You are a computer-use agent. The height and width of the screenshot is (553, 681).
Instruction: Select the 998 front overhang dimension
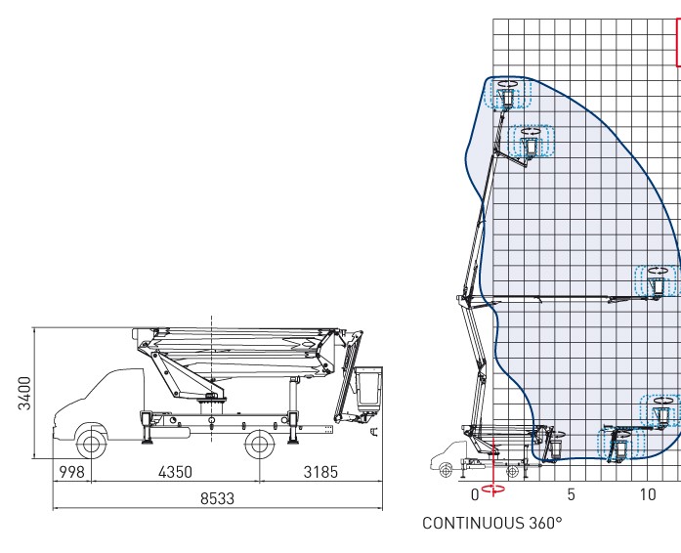pos(72,473)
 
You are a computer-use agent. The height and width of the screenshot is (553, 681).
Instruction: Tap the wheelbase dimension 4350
pos(175,473)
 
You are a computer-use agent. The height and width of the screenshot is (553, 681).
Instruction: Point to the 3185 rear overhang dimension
pos(320,473)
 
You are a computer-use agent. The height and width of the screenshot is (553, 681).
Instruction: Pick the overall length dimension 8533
pos(217,498)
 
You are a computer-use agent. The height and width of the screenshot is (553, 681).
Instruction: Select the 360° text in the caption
pos(544,524)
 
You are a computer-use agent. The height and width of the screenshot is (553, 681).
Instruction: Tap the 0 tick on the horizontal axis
pos(475,495)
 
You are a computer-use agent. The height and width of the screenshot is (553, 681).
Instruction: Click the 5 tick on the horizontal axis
pos(572,495)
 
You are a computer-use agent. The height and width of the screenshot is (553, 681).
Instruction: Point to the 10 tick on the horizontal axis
pos(648,495)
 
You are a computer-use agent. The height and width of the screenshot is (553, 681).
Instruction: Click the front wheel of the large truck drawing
pos(92,445)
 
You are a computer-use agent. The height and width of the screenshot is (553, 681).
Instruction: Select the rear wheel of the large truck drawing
pos(259,445)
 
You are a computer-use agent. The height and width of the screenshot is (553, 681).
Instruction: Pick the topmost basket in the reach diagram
pos(507,96)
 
